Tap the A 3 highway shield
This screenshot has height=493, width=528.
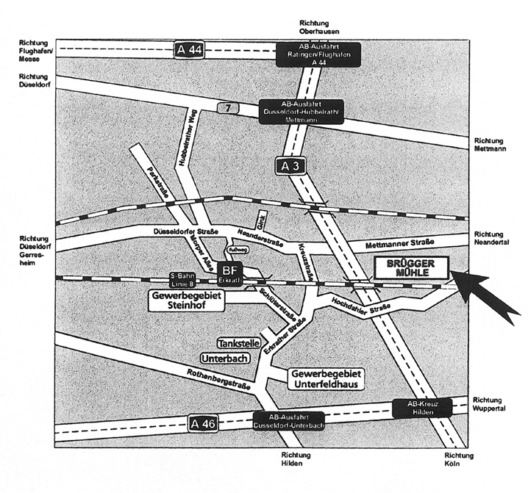point(290,167)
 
